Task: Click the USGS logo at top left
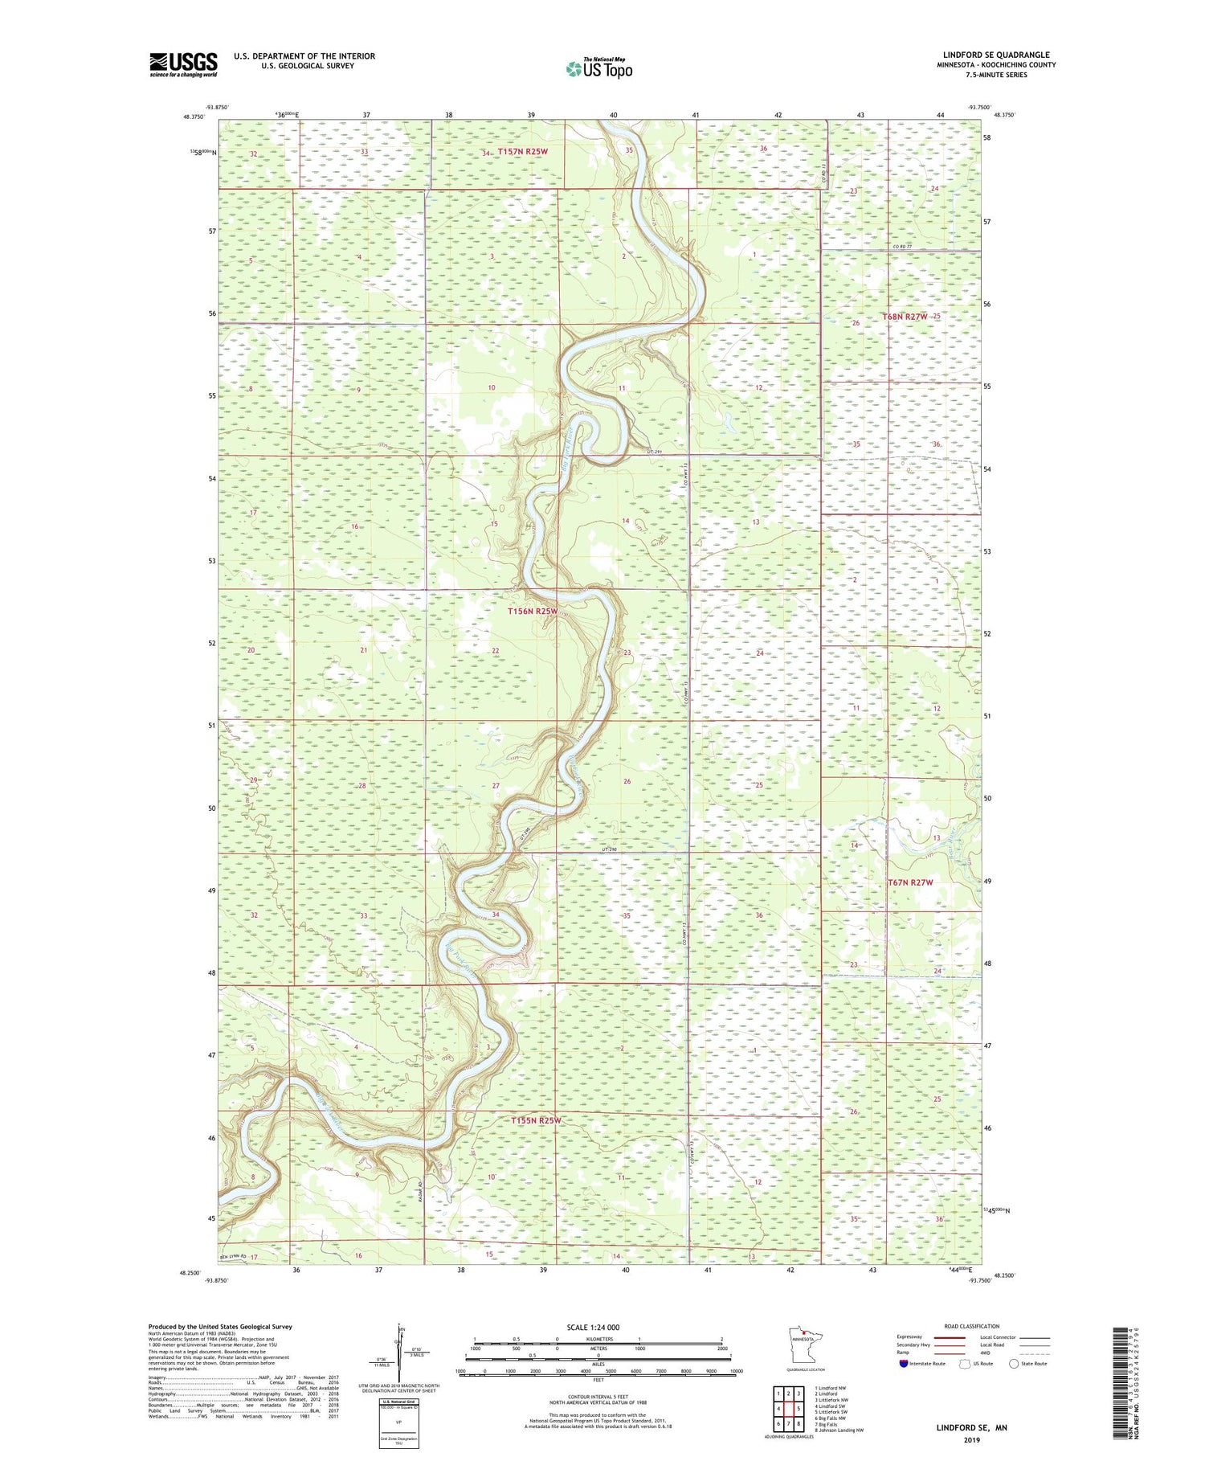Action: pos(183,64)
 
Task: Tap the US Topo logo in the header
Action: pos(598,68)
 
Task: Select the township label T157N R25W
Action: pos(522,151)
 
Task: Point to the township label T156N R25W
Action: pos(533,611)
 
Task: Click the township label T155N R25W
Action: pos(537,1120)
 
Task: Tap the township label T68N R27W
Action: pos(905,317)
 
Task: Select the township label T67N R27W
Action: pos(910,882)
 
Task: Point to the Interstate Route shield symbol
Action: pos(904,1364)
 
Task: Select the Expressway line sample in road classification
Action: pos(948,1337)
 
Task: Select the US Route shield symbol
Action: pos(966,1364)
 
